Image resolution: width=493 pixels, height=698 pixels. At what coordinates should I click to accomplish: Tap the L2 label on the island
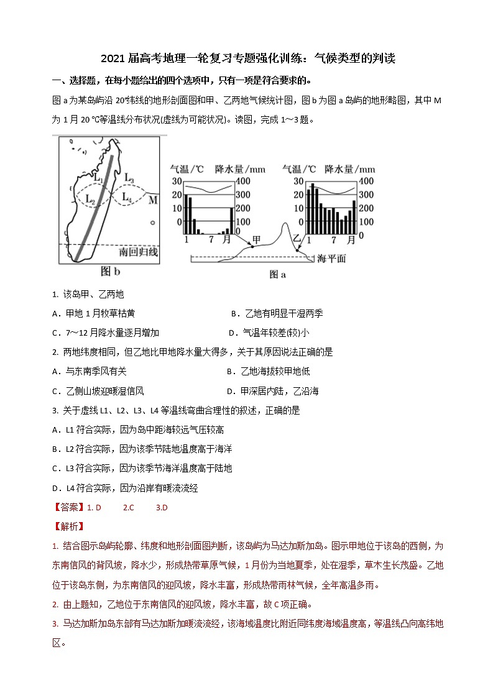(90, 201)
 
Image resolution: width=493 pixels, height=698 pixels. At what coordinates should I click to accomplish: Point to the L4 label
(126, 198)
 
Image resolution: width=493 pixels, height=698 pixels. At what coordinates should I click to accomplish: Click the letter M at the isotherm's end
(154, 200)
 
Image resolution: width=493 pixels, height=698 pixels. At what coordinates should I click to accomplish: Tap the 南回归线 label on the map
(138, 252)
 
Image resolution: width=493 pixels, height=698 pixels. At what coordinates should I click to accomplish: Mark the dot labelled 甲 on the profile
(252, 246)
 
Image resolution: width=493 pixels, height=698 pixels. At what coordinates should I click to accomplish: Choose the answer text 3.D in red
(162, 507)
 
